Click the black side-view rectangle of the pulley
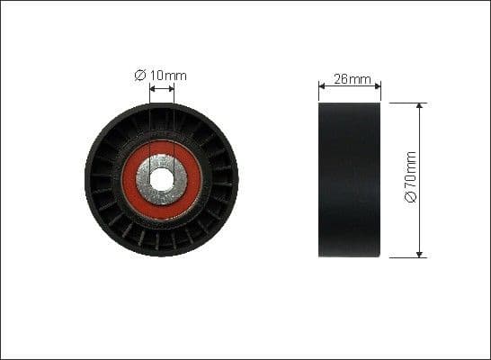coord(350,180)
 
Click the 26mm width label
coord(352,79)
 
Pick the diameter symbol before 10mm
coord(140,76)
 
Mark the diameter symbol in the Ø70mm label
coord(412,198)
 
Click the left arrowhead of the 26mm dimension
coord(323,87)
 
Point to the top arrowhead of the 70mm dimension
coord(420,107)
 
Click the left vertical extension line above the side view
coord(319,93)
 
